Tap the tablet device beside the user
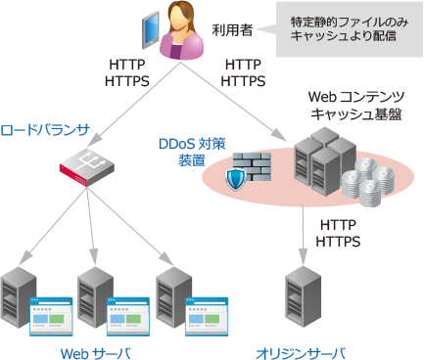click(149, 30)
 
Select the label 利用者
click(232, 30)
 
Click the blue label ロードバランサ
click(45, 129)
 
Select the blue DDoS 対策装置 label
click(192, 152)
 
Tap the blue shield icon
click(235, 179)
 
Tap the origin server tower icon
click(301, 292)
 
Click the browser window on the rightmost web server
click(205, 312)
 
